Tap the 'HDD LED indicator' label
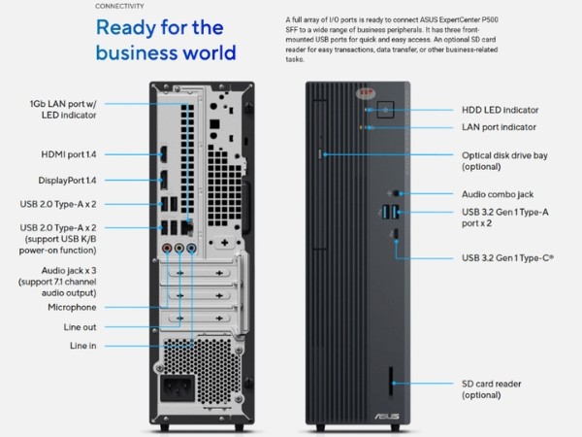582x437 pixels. click(500, 110)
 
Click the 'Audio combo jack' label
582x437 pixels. click(498, 194)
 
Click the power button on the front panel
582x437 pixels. click(385, 110)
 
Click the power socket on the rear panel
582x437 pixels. click(178, 393)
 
